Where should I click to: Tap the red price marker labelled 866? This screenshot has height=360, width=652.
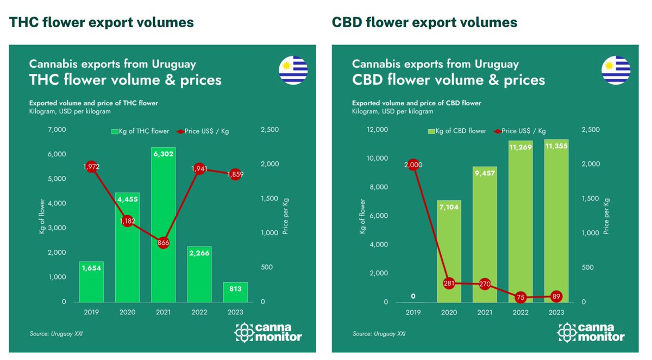164,243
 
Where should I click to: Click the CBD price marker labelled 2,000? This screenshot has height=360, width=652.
413,165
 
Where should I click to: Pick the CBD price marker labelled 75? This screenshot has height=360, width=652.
521,296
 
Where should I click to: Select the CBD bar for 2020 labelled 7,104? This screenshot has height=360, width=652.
449,239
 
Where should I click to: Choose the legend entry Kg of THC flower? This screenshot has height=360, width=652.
140,131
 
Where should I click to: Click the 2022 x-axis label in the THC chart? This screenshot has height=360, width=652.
199,313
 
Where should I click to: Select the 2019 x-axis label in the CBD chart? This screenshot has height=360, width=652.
413,313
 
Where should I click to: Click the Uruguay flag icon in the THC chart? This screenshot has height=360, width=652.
293,71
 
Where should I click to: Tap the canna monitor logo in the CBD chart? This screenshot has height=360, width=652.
591,332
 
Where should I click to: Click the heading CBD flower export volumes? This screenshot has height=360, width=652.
424,22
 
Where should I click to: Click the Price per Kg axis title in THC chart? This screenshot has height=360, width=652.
285,216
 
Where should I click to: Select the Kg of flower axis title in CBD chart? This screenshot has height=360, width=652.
362,216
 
